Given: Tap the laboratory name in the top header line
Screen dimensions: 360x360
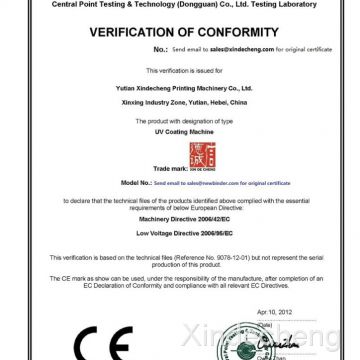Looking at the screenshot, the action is coord(180,4).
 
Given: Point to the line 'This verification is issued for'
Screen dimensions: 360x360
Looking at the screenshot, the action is coord(181,73).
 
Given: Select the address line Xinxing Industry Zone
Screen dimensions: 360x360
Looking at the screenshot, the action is coord(181,98).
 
